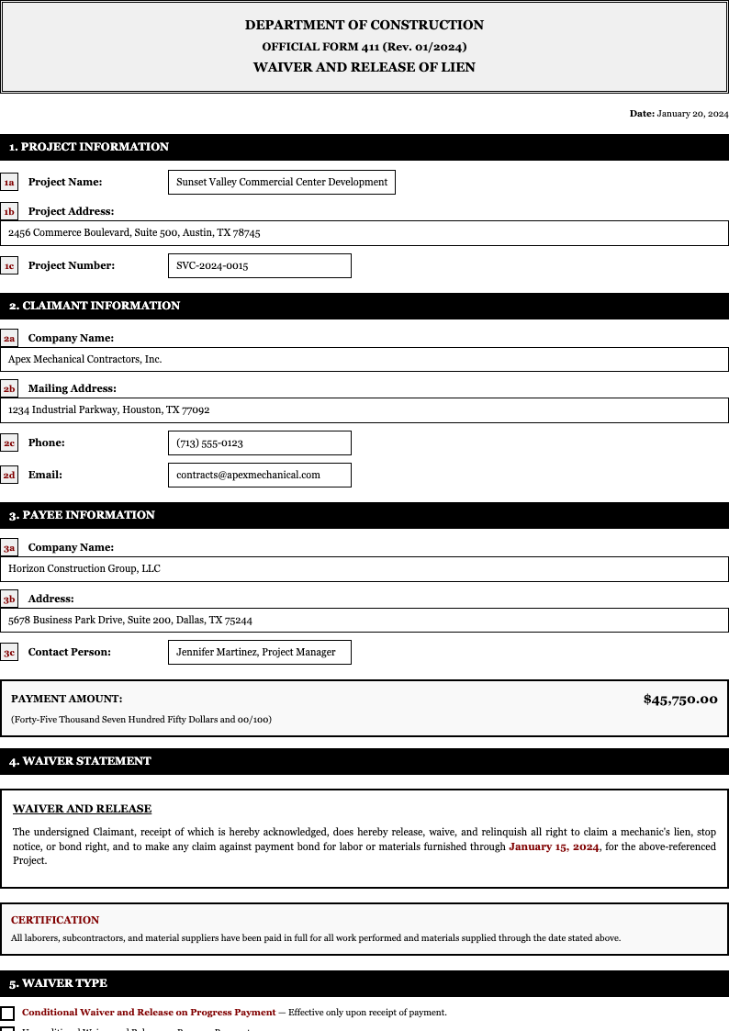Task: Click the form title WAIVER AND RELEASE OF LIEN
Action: point(364,67)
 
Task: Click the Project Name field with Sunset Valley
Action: point(282,182)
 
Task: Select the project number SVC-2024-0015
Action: point(260,265)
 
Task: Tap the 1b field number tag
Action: point(9,211)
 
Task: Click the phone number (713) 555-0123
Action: point(260,443)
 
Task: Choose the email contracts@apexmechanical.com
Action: point(260,475)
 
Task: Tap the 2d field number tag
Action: point(9,475)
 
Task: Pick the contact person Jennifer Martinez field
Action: point(260,652)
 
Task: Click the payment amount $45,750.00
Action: point(680,700)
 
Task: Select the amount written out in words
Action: point(141,719)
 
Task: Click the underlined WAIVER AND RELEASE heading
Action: point(82,809)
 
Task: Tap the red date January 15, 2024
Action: point(554,846)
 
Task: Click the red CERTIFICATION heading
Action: point(55,920)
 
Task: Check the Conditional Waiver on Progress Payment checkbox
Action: point(7,1014)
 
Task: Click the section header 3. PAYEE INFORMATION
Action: point(82,515)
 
